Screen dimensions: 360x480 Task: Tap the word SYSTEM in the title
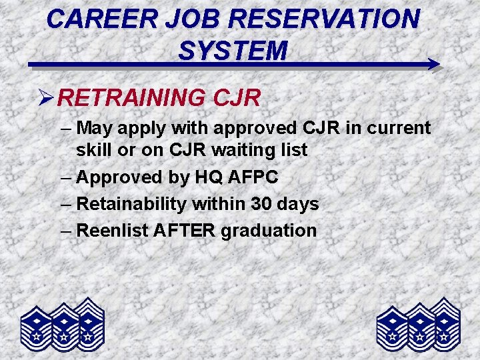click(x=233, y=50)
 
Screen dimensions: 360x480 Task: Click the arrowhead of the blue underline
click(x=433, y=65)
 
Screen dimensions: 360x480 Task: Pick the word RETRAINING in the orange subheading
click(x=133, y=98)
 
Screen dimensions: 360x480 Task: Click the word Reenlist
click(x=114, y=231)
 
